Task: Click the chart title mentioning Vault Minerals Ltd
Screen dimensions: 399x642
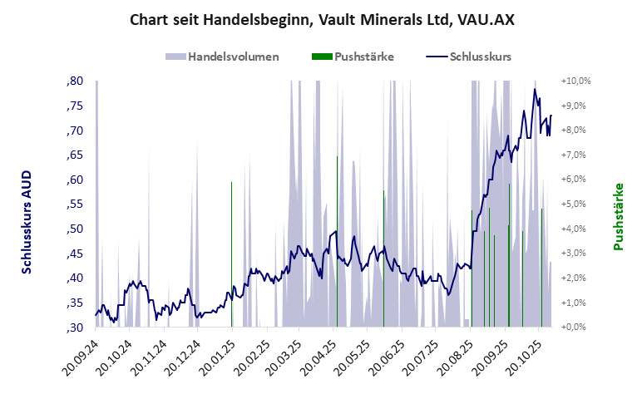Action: point(321,19)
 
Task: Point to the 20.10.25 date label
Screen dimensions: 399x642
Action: point(522,357)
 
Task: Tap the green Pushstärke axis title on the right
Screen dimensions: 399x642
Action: point(618,217)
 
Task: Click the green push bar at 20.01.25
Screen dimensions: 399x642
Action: point(231,249)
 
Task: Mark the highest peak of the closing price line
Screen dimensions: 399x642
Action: point(535,90)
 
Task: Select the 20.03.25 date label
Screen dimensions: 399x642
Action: point(284,357)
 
